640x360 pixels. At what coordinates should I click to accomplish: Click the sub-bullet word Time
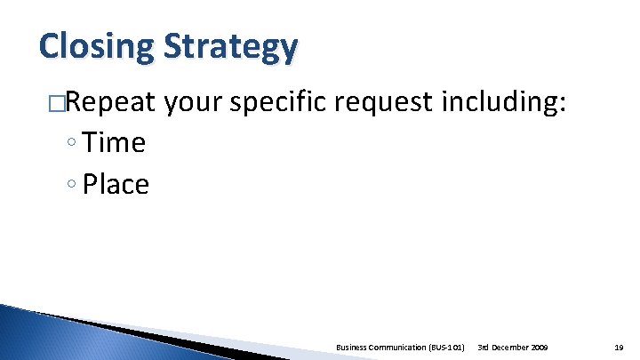pyautogui.click(x=113, y=142)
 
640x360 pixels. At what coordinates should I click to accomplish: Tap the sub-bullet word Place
pyautogui.click(x=116, y=184)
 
